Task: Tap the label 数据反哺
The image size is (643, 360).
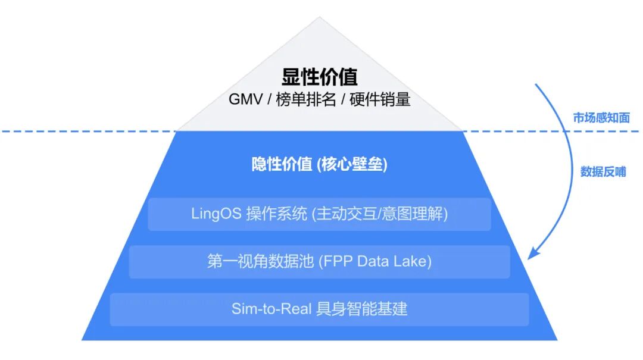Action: pyautogui.click(x=603, y=172)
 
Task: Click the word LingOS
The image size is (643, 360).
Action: pyautogui.click(x=216, y=214)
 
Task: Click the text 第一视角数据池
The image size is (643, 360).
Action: pyautogui.click(x=260, y=262)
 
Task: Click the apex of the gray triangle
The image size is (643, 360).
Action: pyautogui.click(x=320, y=18)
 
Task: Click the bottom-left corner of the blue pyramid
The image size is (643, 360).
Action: pyautogui.click(x=83, y=340)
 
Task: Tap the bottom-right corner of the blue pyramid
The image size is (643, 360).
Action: pyautogui.click(x=557, y=340)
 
